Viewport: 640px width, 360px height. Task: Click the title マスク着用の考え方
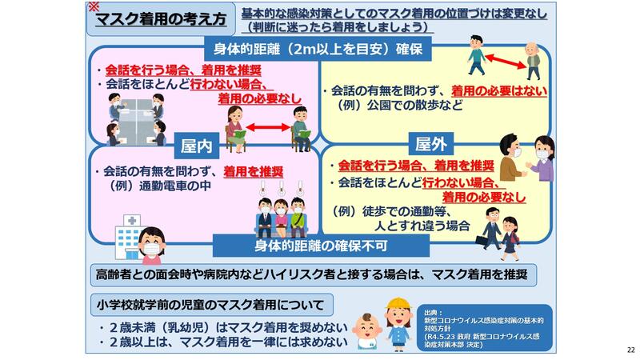161,19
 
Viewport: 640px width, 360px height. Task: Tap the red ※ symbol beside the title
94,6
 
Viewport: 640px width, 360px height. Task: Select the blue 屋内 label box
196,146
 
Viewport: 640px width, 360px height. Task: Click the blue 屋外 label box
431,144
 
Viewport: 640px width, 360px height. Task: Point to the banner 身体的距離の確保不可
321,246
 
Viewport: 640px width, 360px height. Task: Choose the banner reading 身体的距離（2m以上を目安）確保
318,49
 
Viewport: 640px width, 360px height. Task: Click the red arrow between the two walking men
506,62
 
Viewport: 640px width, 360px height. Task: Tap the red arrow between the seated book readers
268,127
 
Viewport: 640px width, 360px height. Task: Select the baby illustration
366,330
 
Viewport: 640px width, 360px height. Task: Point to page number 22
631,350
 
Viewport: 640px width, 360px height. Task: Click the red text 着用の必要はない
498,91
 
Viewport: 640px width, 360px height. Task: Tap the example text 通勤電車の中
175,186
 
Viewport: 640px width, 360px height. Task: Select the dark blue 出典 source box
485,327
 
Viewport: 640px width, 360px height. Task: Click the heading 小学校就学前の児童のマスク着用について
211,305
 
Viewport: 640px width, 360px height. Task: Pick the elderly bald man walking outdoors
532,61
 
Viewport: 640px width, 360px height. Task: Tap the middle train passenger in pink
281,218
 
